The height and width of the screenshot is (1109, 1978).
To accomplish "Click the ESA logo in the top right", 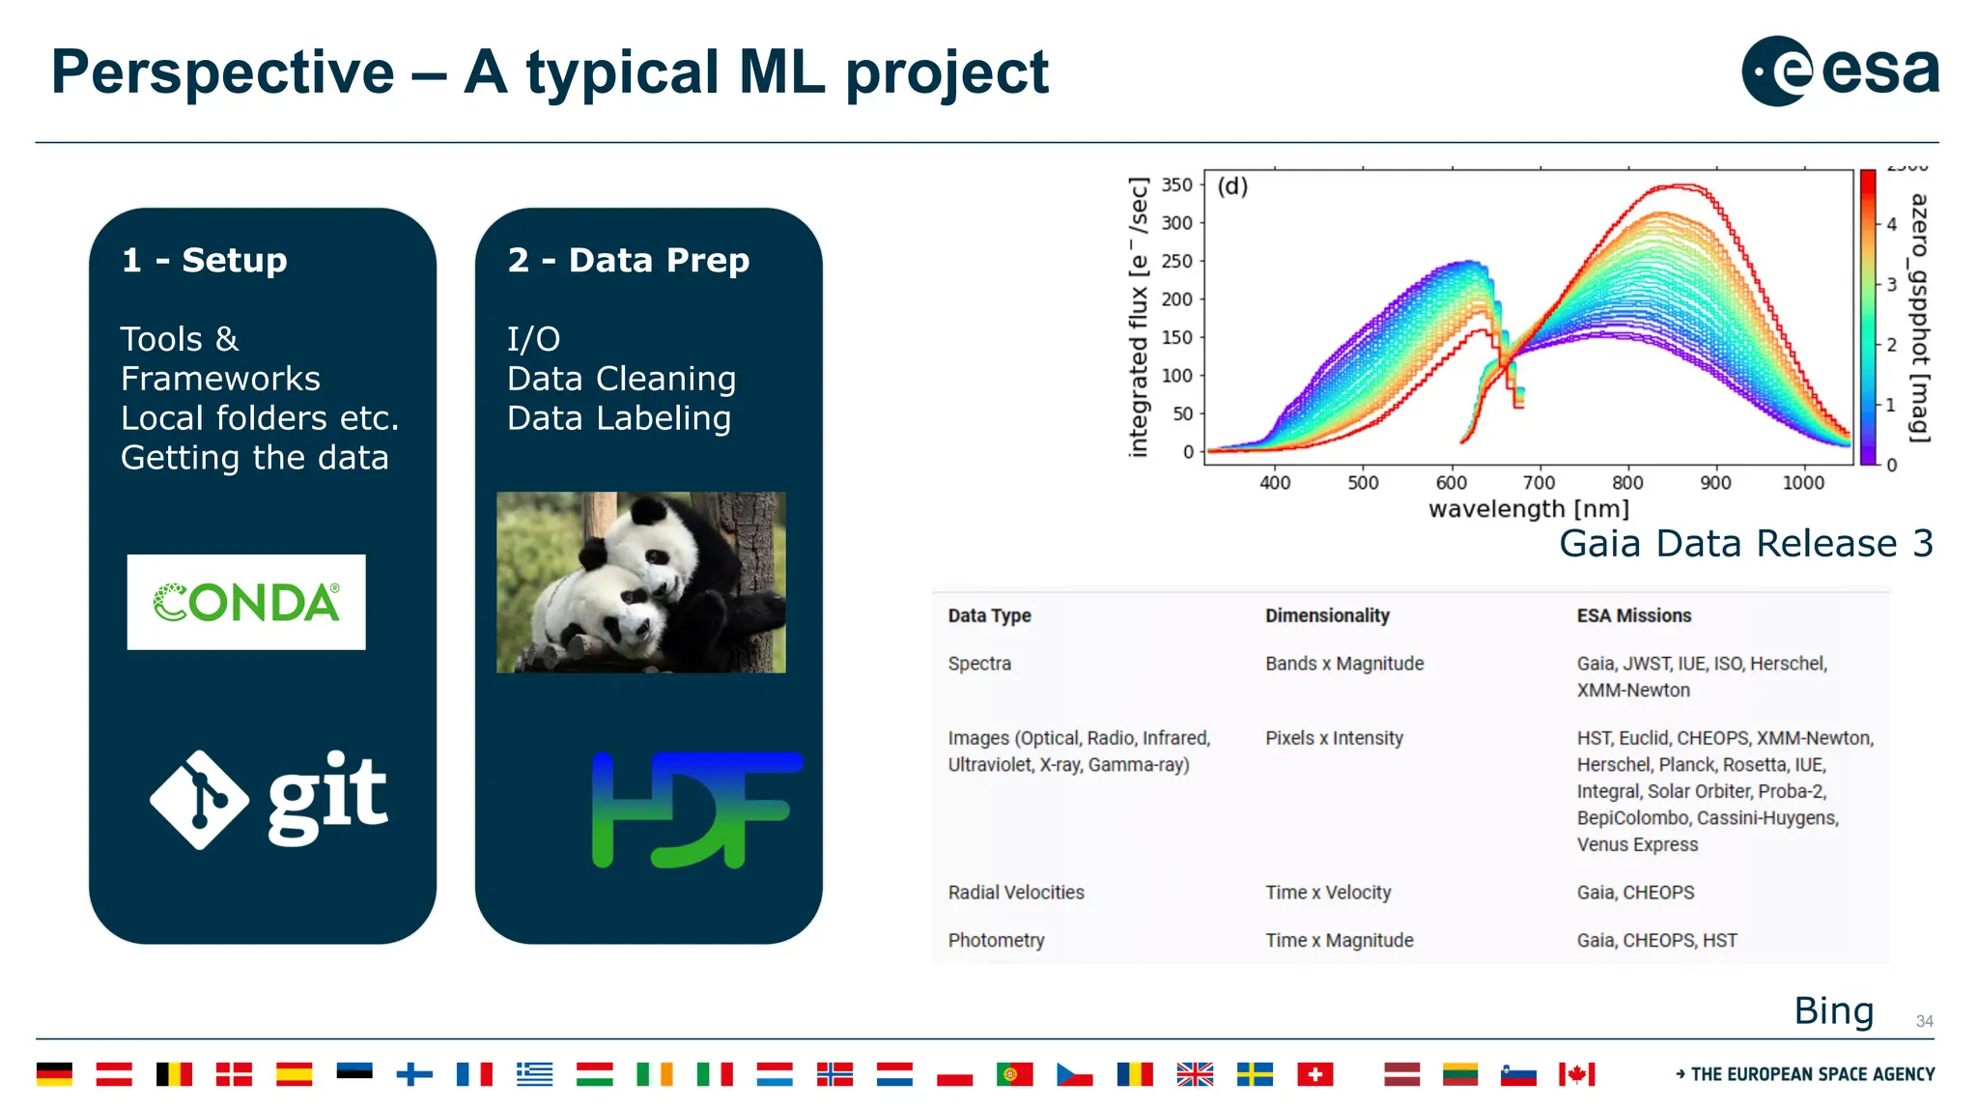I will pyautogui.click(x=1839, y=71).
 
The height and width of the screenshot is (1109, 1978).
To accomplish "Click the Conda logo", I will pyautogui.click(x=246, y=602).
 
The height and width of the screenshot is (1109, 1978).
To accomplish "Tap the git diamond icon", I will pyautogui.click(x=200, y=800).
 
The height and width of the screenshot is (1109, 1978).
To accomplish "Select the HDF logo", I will pyautogui.click(x=696, y=810).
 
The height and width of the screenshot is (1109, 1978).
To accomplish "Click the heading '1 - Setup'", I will pyautogui.click(x=205, y=260).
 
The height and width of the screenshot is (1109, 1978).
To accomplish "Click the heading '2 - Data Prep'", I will pyautogui.click(x=628, y=260).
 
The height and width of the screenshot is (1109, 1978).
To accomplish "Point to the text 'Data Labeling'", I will pyautogui.click(x=619, y=418).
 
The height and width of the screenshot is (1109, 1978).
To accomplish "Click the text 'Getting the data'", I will pyautogui.click(x=254, y=458).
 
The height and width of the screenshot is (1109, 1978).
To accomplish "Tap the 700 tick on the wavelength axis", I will pyautogui.click(x=1539, y=482).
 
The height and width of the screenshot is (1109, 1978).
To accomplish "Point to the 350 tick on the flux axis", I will pyautogui.click(x=1176, y=185).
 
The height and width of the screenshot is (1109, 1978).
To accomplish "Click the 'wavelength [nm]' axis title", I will pyautogui.click(x=1528, y=509).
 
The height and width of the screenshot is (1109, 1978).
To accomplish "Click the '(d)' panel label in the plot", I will pyautogui.click(x=1232, y=185).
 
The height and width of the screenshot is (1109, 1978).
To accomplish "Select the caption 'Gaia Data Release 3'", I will pyautogui.click(x=1745, y=544).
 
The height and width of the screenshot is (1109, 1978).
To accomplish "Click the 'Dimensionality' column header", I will pyautogui.click(x=1327, y=615).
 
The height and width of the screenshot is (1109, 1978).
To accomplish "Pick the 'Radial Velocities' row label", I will pyautogui.click(x=1015, y=893).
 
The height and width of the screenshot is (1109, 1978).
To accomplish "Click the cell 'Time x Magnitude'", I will pyautogui.click(x=1339, y=940).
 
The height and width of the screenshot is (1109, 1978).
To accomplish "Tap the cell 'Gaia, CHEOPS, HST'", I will pyautogui.click(x=1656, y=940).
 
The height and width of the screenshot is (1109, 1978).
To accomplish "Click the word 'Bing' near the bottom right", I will pyautogui.click(x=1833, y=1010).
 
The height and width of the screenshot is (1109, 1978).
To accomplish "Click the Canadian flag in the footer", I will pyautogui.click(x=1576, y=1074).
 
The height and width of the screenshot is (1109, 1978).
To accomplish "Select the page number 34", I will pyautogui.click(x=1924, y=1021).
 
